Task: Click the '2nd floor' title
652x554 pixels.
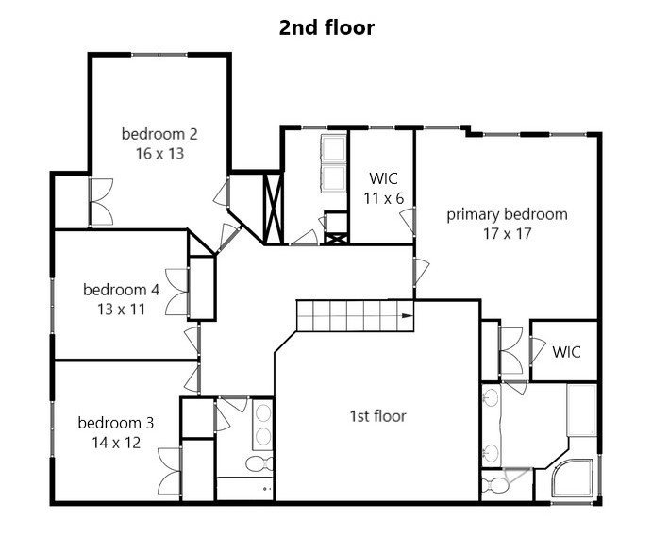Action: click(326, 28)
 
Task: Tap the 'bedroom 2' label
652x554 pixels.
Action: click(159, 134)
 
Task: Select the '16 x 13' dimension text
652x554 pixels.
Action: click(159, 154)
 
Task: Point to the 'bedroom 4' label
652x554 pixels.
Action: click(121, 290)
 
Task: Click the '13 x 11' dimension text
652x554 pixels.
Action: click(121, 310)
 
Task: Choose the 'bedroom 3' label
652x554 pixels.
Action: click(116, 423)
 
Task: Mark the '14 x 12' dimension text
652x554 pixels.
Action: click(116, 443)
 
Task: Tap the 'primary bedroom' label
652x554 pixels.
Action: click(507, 214)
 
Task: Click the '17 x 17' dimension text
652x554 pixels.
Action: click(507, 234)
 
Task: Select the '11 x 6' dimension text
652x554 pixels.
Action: click(384, 199)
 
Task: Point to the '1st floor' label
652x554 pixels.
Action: click(377, 416)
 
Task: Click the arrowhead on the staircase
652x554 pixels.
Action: click(408, 316)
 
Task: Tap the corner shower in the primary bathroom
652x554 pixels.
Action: click(572, 478)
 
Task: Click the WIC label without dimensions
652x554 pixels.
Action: click(566, 352)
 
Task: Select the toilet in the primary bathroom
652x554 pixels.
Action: click(494, 485)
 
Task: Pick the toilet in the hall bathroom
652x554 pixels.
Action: click(259, 463)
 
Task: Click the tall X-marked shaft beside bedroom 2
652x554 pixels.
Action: click(274, 208)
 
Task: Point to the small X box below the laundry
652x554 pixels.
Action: click(335, 239)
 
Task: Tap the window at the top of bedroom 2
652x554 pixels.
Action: click(159, 55)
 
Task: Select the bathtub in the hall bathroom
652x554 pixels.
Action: click(245, 489)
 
